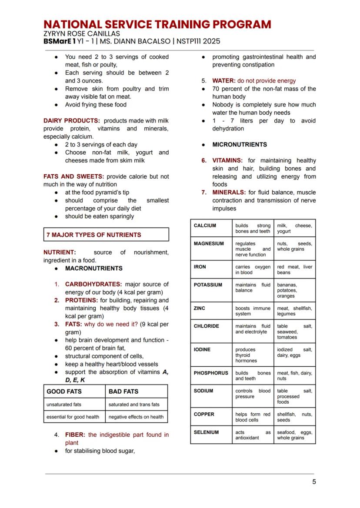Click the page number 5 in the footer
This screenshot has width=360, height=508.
pos(314,481)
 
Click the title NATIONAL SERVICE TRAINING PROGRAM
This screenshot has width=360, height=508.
pos(157,24)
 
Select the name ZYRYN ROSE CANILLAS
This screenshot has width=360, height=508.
pos(81,33)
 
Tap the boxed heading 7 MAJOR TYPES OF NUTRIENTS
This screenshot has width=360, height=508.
pos(94,235)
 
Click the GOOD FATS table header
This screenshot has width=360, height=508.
pos(64,391)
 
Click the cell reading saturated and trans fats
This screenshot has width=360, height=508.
pos(134,405)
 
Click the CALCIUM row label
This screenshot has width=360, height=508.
pos(205,226)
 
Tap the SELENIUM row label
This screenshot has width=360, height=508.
pos(206,432)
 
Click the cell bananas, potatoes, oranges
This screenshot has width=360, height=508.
pos(287,290)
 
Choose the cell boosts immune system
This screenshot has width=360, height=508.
pos(253,311)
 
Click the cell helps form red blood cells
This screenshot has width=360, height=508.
pos(253,417)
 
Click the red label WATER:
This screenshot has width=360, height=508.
pos(223,81)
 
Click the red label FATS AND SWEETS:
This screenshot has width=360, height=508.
pos(74,176)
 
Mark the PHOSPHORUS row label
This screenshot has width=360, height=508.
pos(211,373)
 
